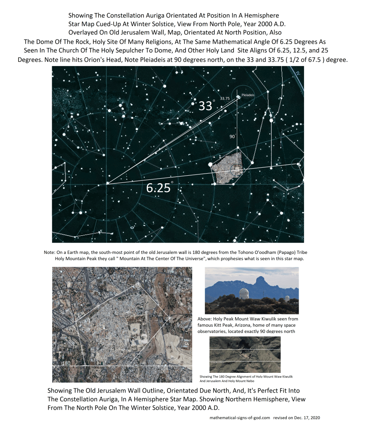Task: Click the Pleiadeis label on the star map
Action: click(x=248, y=95)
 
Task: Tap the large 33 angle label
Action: click(x=205, y=106)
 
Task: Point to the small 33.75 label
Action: click(x=225, y=98)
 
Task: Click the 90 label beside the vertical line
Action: click(x=232, y=137)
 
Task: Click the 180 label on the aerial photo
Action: click(x=66, y=363)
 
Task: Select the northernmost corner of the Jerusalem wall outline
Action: click(x=138, y=284)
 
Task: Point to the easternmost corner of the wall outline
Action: click(x=169, y=317)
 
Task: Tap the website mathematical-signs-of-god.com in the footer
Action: click(x=239, y=418)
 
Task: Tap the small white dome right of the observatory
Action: click(x=287, y=299)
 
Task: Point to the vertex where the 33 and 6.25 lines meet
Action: click(x=107, y=183)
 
